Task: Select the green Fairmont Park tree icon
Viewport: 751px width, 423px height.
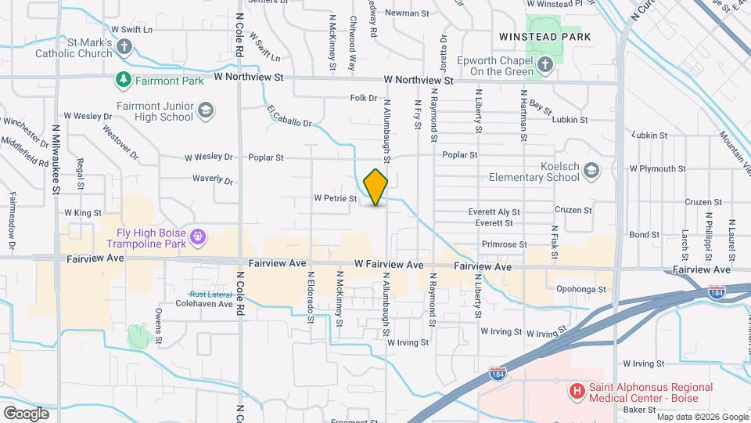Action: pos(123,80)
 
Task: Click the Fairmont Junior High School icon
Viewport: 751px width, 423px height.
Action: pos(206,110)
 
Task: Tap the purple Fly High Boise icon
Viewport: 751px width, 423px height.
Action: pos(199,235)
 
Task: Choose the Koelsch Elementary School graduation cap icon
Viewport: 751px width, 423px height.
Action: pos(592,170)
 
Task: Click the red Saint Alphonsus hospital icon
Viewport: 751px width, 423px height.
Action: pos(577,390)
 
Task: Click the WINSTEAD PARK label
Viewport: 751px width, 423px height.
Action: pos(544,37)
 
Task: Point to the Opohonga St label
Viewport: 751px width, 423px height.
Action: pos(581,289)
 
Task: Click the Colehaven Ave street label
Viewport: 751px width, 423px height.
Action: pos(204,303)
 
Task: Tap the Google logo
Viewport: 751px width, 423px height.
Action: pos(27,413)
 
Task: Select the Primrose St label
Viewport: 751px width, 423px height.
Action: pos(501,245)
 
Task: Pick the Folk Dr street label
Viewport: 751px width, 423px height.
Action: pos(364,98)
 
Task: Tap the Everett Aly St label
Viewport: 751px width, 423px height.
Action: pos(494,211)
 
